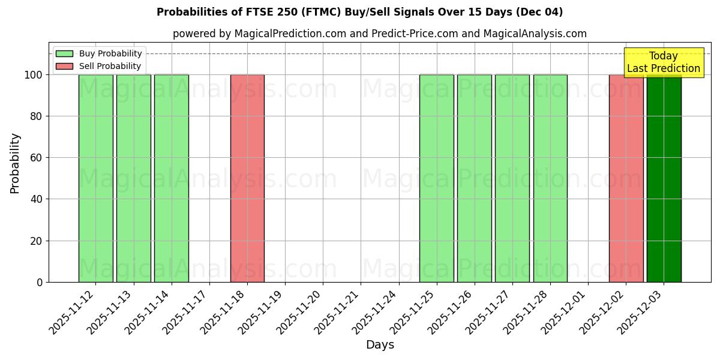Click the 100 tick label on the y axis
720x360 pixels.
33,75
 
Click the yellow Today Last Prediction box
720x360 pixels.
664,63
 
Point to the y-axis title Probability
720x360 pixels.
15,163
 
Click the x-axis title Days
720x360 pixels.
380,345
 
